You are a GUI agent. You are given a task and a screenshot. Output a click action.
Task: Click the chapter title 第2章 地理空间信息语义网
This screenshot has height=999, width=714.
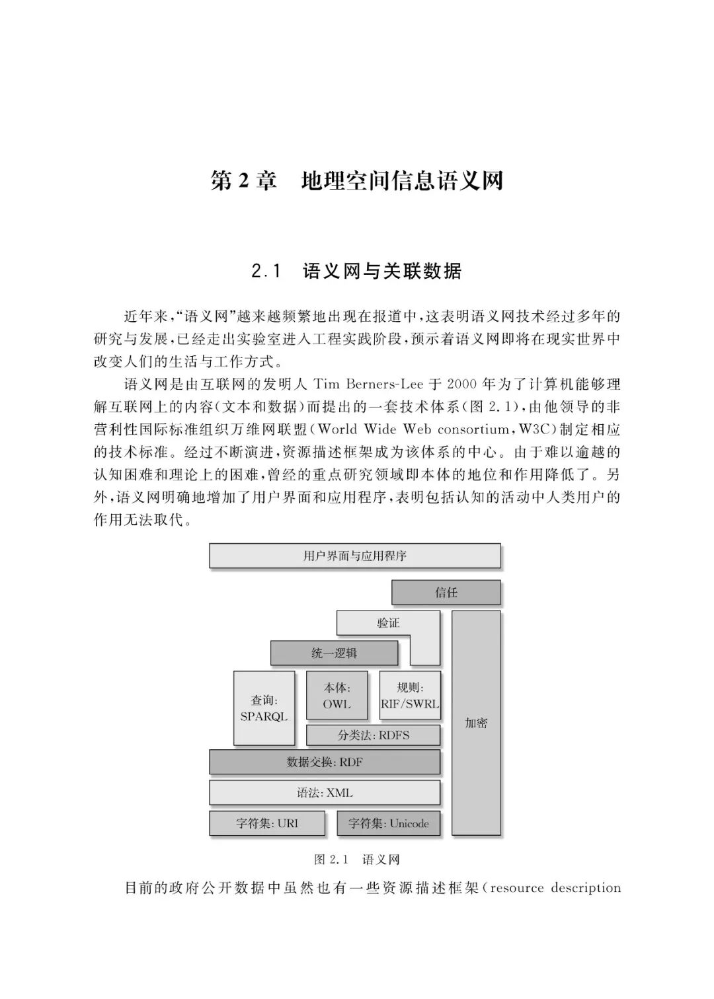pos(356,180)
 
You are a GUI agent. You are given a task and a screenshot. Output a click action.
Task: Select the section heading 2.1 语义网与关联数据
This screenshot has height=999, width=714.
pos(356,271)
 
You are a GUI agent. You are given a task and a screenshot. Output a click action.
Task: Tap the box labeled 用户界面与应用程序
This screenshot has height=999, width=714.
pos(354,556)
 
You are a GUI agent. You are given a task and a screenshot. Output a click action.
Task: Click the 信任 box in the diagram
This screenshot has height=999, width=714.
pos(446,593)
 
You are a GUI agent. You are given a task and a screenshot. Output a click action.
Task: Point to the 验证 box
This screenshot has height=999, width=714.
pos(387,623)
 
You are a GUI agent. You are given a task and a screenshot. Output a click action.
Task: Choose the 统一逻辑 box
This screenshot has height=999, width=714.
pos(334,653)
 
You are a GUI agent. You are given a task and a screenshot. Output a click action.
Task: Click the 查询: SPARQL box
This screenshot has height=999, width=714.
pos(264,708)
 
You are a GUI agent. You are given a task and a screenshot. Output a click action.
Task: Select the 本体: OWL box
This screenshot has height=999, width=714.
pos(337,696)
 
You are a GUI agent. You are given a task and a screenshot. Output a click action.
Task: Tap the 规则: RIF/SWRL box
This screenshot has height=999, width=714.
pos(410,696)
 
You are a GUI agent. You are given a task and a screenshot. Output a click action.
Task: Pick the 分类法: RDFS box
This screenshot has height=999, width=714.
pos(374,735)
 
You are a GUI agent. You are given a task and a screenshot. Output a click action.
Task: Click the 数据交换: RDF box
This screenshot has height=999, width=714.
pos(325,762)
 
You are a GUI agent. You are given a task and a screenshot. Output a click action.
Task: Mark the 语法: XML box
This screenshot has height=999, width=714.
pos(325,793)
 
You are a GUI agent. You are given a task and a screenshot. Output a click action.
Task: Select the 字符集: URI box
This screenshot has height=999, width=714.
pos(267,823)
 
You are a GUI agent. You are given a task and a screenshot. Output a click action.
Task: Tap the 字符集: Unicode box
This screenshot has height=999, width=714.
pos(389,823)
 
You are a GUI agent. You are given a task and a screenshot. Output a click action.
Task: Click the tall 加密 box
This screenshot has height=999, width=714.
pos(476,723)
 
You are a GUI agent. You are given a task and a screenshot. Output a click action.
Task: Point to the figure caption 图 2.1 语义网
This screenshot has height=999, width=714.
pos(356,860)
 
